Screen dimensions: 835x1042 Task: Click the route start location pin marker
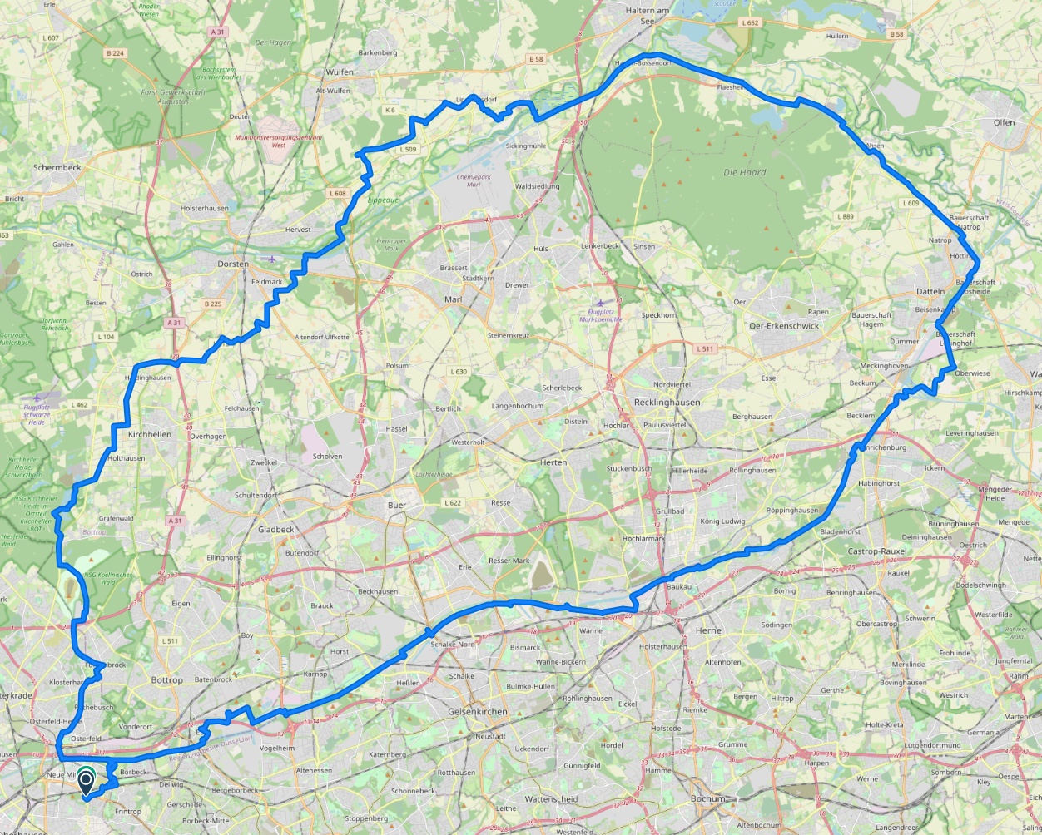point(86,782)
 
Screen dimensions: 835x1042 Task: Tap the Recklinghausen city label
point(667,402)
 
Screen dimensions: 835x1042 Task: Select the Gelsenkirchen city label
point(477,712)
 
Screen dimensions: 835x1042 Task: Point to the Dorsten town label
point(233,264)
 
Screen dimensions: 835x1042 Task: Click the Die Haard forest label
point(744,173)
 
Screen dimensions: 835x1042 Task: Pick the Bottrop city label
point(166,679)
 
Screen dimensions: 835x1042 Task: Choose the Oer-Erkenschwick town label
point(784,326)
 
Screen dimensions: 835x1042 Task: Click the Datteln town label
point(930,291)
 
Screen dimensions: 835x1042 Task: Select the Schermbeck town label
point(57,167)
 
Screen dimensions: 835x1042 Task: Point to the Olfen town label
point(1004,122)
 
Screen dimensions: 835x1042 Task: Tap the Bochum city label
point(707,798)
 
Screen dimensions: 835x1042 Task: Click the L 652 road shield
point(750,23)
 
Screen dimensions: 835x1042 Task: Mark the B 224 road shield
point(115,53)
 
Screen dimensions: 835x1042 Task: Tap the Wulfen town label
point(339,72)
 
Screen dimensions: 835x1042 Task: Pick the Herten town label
point(553,462)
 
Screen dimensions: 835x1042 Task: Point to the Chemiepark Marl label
point(474,180)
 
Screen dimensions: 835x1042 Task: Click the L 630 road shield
point(459,372)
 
